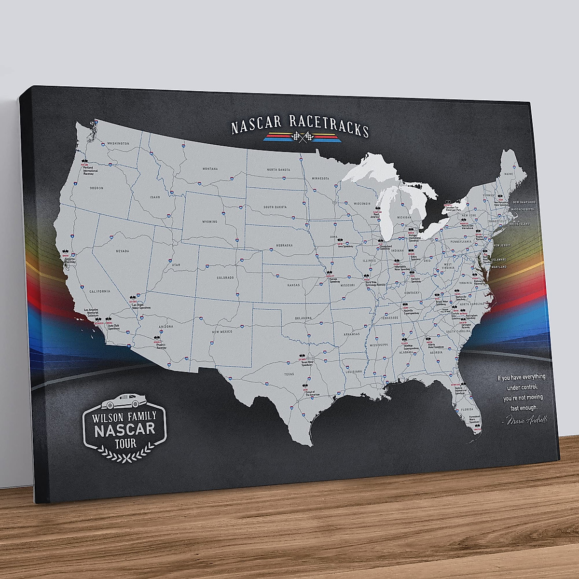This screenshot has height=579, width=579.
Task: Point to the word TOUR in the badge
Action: tap(125, 442)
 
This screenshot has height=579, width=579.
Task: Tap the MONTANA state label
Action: tap(210, 169)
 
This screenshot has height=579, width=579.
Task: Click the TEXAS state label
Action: tap(289, 374)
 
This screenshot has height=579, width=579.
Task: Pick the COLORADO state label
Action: tap(225, 278)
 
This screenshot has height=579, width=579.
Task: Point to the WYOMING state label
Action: tap(210, 222)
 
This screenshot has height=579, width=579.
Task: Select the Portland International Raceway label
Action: tap(89, 171)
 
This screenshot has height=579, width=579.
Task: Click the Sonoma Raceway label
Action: tap(71, 262)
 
